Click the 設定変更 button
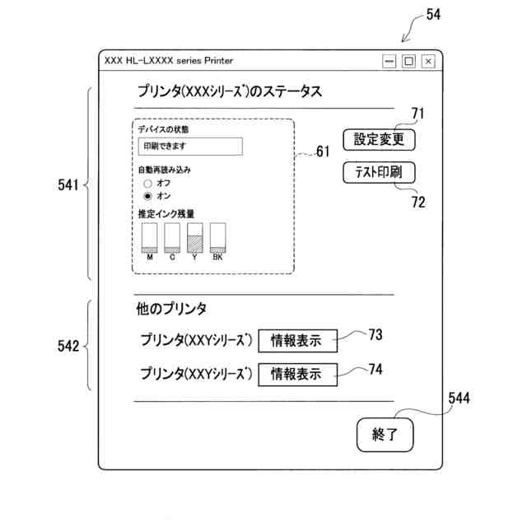(x=379, y=139)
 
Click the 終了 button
(x=385, y=435)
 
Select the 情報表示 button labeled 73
(x=296, y=340)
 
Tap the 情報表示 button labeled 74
(x=296, y=373)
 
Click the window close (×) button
(x=428, y=61)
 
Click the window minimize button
(x=389, y=61)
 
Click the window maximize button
(x=408, y=61)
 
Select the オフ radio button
(x=148, y=183)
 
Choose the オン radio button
(x=148, y=196)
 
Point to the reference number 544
(x=459, y=399)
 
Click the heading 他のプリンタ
(x=171, y=310)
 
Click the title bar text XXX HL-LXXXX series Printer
(x=169, y=61)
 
